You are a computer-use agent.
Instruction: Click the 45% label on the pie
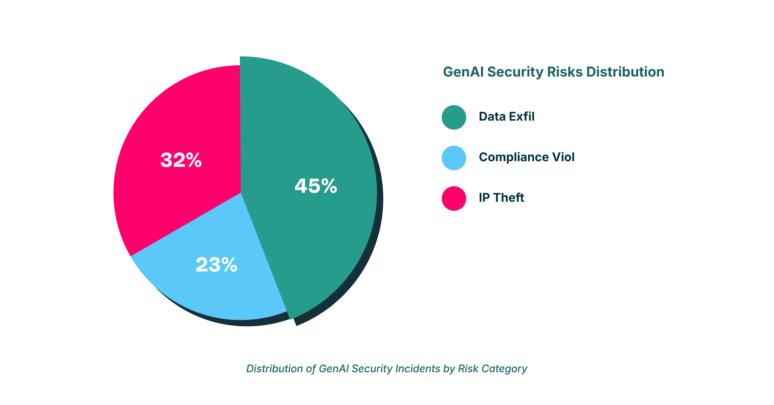point(316,186)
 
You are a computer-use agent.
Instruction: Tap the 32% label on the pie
point(181,160)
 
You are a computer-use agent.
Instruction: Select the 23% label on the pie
point(216,265)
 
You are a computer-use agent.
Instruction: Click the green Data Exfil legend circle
point(454,117)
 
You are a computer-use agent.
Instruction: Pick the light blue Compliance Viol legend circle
point(454,158)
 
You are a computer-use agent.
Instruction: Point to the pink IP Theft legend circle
point(454,198)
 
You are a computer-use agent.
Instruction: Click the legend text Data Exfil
point(507,117)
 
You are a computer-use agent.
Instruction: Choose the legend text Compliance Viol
point(527,157)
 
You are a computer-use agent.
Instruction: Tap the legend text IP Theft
point(501,198)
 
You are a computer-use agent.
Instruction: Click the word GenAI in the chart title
point(463,72)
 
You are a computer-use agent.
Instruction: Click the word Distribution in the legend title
point(625,72)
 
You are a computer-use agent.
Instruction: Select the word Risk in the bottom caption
point(468,369)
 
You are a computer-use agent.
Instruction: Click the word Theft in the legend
point(509,198)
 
